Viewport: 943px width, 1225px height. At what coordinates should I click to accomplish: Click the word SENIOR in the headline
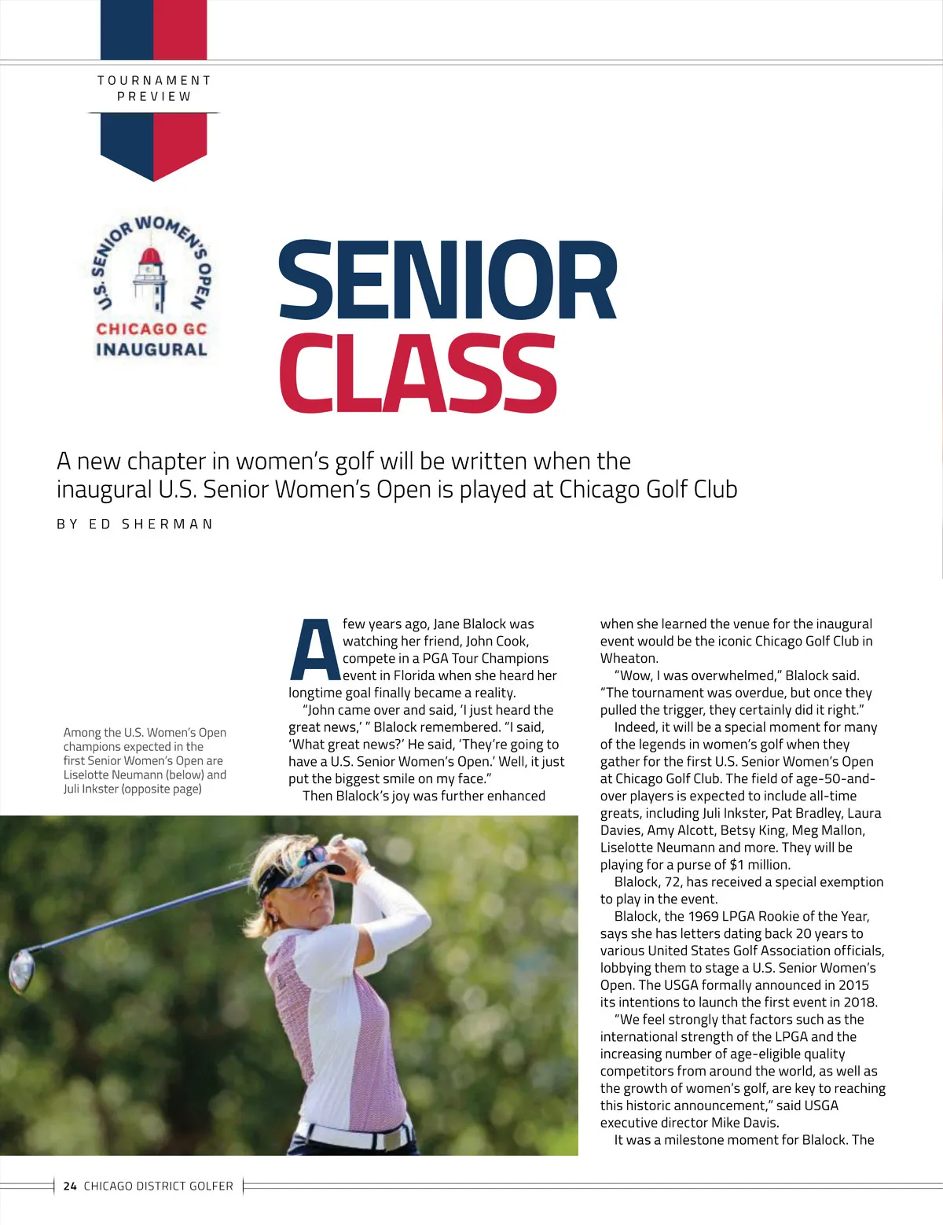click(x=447, y=281)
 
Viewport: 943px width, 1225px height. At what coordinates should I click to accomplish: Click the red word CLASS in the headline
click(x=417, y=374)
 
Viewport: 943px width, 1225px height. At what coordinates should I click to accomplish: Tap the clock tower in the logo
click(x=150, y=279)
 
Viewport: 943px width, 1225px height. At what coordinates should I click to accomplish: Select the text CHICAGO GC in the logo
click(x=151, y=329)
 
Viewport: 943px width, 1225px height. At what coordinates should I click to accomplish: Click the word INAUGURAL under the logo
click(x=151, y=350)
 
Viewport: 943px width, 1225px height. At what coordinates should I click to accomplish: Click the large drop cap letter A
click(x=314, y=651)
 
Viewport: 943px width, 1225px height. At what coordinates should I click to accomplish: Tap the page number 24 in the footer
click(x=70, y=1186)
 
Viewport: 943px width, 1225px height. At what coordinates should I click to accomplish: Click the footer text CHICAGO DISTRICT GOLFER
click(x=158, y=1186)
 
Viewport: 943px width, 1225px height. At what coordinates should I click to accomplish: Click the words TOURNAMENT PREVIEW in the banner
click(x=154, y=88)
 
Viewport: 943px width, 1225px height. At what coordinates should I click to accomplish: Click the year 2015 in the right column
click(x=853, y=985)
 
